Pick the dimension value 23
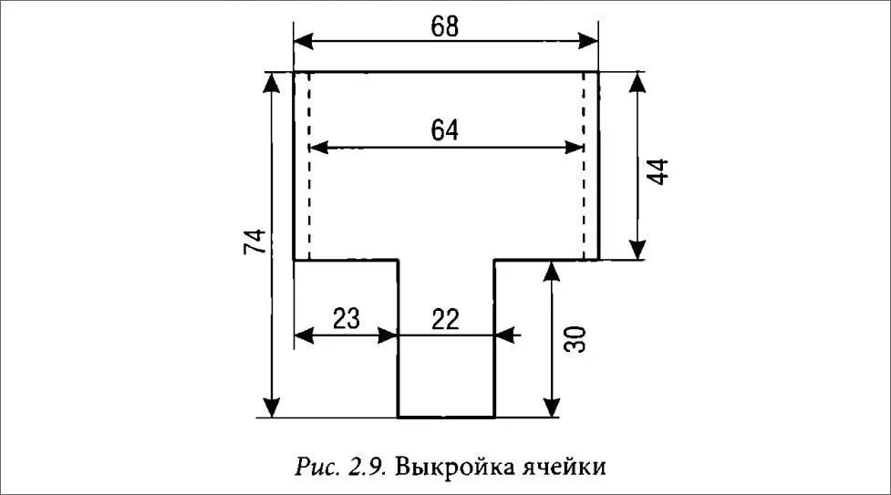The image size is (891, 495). tap(346, 318)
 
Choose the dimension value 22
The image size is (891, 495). tap(445, 318)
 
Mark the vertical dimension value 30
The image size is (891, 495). tap(575, 340)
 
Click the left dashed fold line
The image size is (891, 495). tap(309, 164)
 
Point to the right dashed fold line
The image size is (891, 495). tap(583, 164)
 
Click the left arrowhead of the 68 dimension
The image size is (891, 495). tap(303, 41)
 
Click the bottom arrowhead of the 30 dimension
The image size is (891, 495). tap(553, 408)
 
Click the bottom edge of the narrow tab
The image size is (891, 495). tap(446, 417)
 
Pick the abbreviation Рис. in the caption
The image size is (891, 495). tap(317, 468)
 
